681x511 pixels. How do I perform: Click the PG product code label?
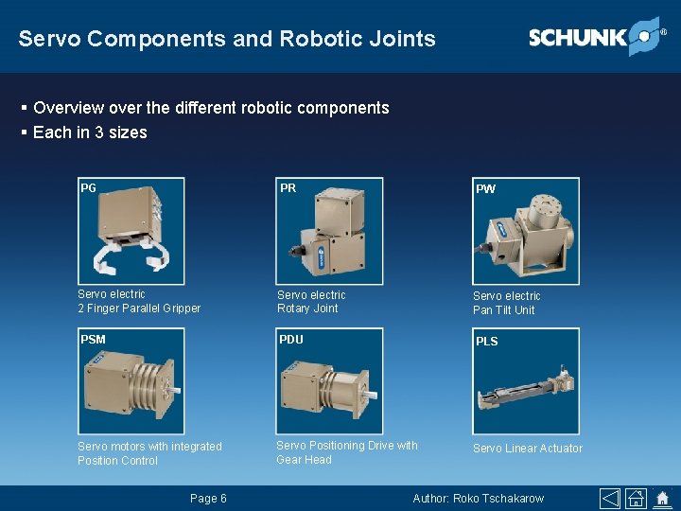click(88, 187)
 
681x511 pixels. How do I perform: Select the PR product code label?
click(288, 187)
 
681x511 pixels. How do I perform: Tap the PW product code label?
click(485, 188)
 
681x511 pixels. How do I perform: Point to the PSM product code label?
click(93, 339)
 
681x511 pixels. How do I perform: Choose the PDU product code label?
click(291, 339)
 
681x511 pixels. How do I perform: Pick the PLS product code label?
click(486, 341)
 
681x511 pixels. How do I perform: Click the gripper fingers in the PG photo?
click(131, 255)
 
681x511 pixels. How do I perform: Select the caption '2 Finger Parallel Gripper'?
click(139, 308)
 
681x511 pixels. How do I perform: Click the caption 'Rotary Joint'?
click(307, 308)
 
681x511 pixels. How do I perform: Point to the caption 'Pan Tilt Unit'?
click(503, 310)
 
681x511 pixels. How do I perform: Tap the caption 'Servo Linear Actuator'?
click(528, 449)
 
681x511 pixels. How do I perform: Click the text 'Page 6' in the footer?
click(208, 499)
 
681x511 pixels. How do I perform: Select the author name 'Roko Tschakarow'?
click(499, 499)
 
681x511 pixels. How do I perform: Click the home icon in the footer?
click(662, 499)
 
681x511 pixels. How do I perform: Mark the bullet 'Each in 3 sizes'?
click(90, 132)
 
